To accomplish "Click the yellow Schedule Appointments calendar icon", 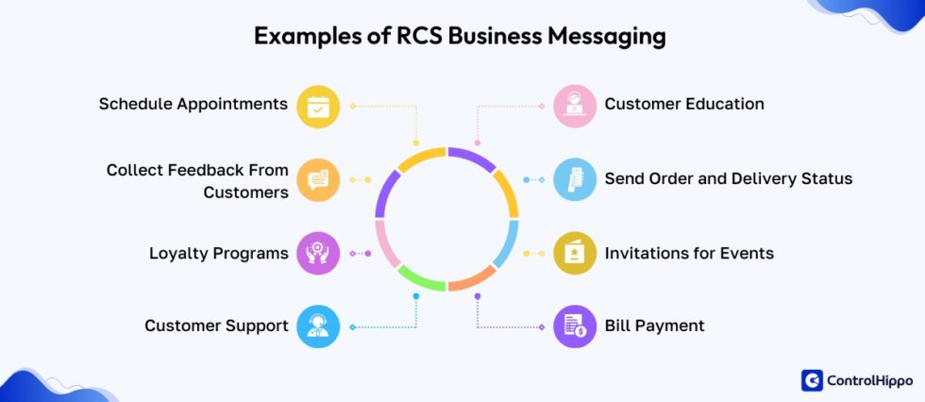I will pyautogui.click(x=318, y=106).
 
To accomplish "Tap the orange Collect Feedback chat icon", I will pyautogui.click(x=318, y=179).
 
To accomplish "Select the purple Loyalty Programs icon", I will pyautogui.click(x=318, y=253).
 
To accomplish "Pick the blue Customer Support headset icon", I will pyautogui.click(x=318, y=327).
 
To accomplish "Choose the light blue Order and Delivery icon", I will pyautogui.click(x=575, y=179).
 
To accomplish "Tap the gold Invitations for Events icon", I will pyautogui.click(x=575, y=253).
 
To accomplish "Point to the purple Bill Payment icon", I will pyautogui.click(x=575, y=327).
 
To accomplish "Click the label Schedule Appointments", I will pyautogui.click(x=193, y=104).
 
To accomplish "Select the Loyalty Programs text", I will pyautogui.click(x=218, y=253).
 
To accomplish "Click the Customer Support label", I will pyautogui.click(x=216, y=326).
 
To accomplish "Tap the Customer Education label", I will pyautogui.click(x=684, y=104).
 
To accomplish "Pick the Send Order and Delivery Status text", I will pyautogui.click(x=728, y=178).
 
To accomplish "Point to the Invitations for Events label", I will pyautogui.click(x=689, y=253).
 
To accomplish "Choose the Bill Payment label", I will pyautogui.click(x=654, y=326).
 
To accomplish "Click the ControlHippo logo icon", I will pyautogui.click(x=812, y=380).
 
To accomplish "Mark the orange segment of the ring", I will pyautogui.click(x=472, y=281).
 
